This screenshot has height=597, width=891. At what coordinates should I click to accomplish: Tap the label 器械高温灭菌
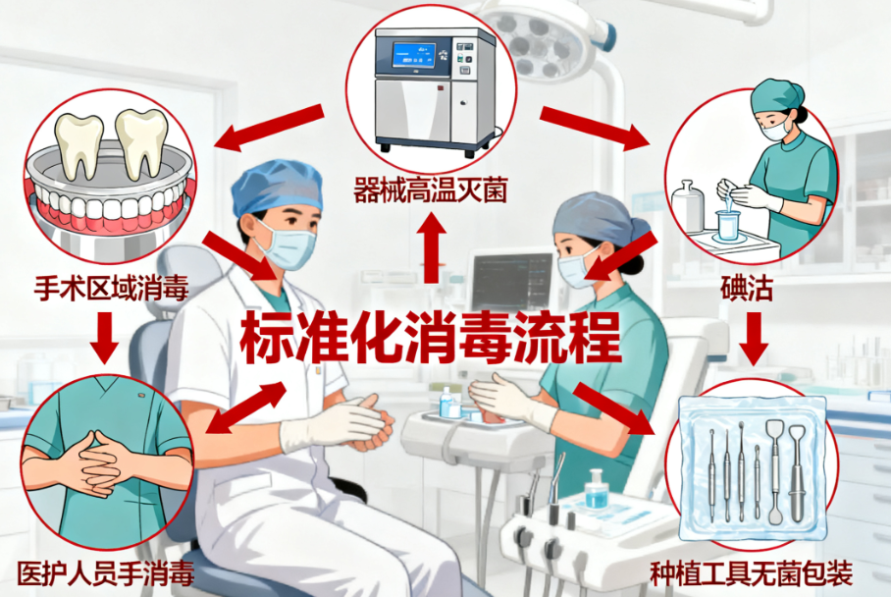(x=431, y=190)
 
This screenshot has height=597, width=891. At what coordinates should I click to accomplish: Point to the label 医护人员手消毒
(x=105, y=572)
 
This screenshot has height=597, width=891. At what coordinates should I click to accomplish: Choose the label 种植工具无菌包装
(x=752, y=572)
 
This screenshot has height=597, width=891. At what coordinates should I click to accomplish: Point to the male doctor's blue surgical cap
(x=277, y=187)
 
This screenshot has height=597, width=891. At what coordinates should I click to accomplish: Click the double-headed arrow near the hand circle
(x=246, y=407)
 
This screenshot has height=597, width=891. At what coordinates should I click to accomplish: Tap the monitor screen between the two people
(x=511, y=281)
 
